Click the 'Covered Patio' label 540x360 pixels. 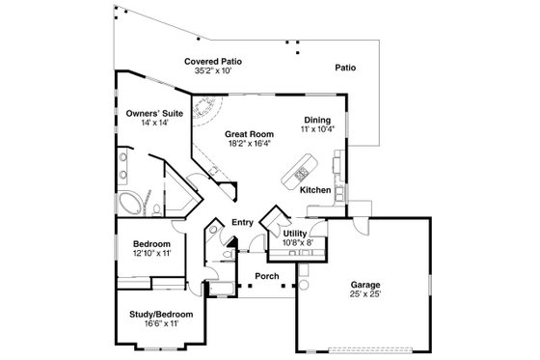[213, 61]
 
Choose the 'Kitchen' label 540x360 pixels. [315, 190]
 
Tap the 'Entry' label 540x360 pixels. [242, 222]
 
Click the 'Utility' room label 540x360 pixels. [294, 234]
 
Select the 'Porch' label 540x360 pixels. [266, 276]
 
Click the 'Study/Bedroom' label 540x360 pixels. [161, 315]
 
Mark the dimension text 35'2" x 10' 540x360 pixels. [213, 70]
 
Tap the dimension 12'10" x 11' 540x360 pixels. [151, 254]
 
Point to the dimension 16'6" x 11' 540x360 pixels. [161, 324]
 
